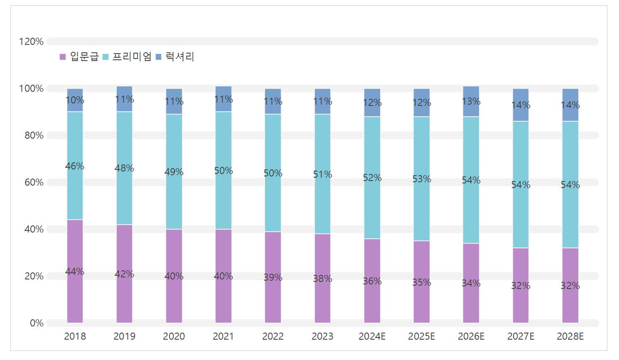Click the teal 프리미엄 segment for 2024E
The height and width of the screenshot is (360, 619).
372,208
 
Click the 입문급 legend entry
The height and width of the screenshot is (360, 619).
79,57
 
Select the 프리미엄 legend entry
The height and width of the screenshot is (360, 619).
127,57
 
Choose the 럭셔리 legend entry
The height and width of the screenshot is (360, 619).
175,57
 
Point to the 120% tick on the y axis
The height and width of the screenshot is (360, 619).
31,42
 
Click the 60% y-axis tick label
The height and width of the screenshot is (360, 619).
34,182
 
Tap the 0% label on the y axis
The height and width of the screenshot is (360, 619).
37,323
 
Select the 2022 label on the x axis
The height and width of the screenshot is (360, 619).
273,336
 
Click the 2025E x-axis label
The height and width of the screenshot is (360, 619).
421,336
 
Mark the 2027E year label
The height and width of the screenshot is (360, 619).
521,336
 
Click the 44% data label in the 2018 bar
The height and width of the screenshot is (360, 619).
75,272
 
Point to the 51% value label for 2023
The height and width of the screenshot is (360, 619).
322,175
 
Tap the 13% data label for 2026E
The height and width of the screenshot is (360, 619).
471,102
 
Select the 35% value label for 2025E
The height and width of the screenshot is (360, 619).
422,283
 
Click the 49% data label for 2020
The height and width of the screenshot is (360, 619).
174,172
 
